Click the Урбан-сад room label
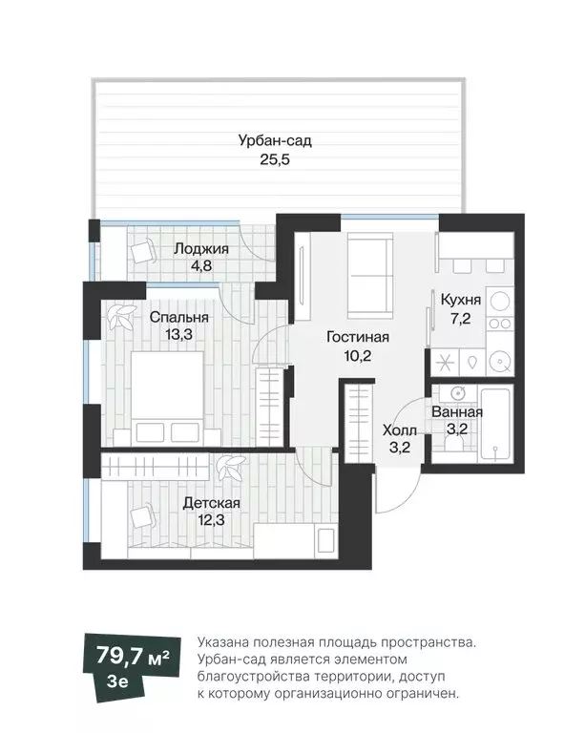point(275,141)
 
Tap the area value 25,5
point(275,160)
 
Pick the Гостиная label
point(357,337)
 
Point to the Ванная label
point(456,412)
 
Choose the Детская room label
point(211,502)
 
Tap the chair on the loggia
point(143,252)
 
